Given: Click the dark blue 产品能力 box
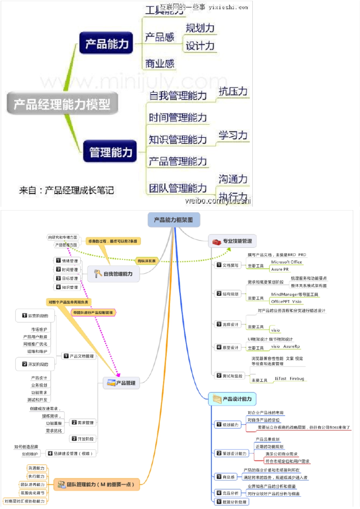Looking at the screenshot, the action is (106, 44).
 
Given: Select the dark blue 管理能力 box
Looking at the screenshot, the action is (110, 152).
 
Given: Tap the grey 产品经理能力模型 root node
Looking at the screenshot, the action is (62, 103).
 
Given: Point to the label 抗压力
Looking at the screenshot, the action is (233, 91).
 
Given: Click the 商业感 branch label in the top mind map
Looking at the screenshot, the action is (160, 64).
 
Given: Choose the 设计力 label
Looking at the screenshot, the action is (200, 46).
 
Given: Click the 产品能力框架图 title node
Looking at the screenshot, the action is (174, 220).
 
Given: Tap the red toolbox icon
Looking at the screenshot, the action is (216, 242).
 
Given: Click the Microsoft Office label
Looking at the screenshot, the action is (286, 262).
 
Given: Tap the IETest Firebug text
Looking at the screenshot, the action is (289, 378).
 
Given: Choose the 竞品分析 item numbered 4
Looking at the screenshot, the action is (228, 493).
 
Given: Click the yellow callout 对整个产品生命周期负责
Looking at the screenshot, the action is (68, 302).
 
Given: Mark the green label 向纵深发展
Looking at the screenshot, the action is (146, 261).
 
